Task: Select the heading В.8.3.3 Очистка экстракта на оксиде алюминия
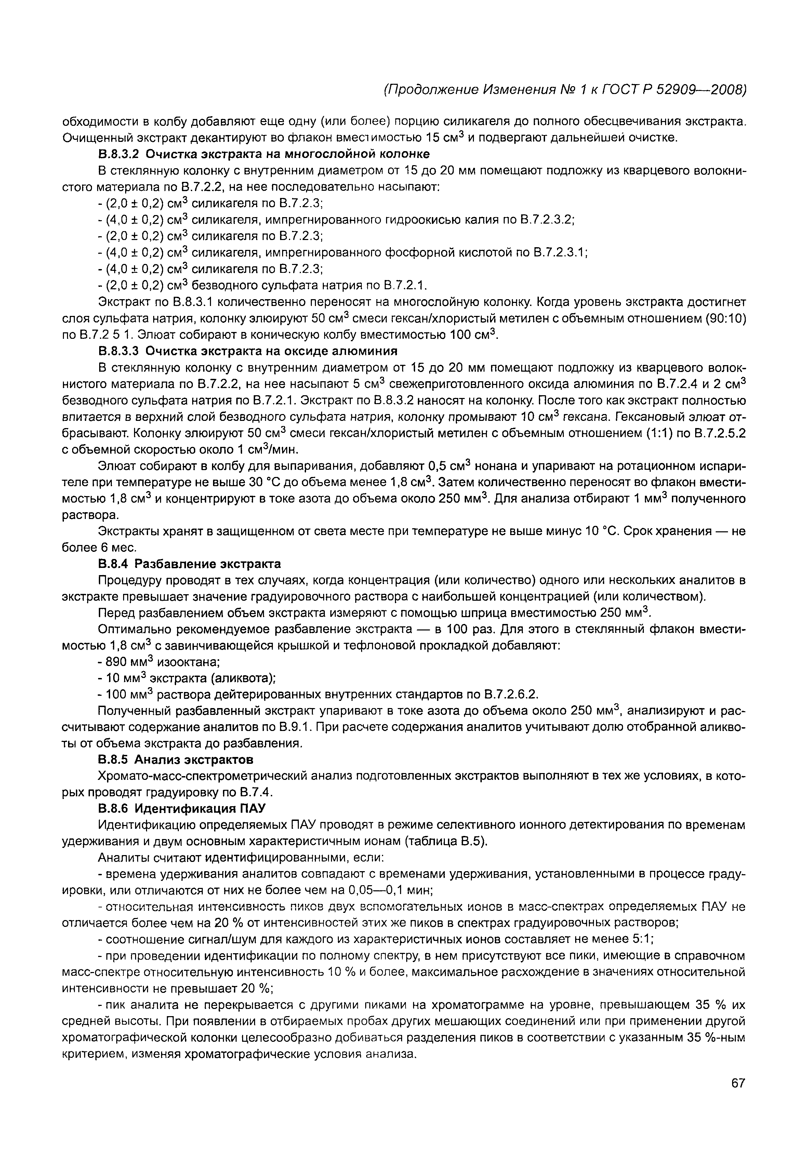coord(248,351)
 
